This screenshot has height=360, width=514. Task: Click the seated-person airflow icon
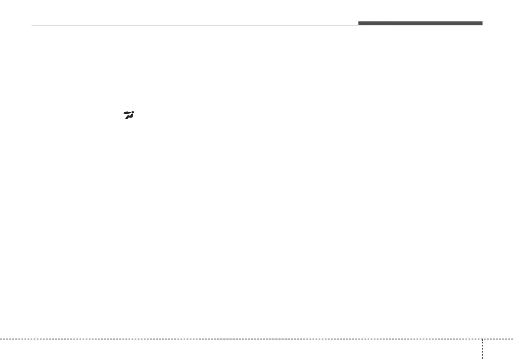(128, 115)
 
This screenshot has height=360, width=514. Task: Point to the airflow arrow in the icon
(128, 113)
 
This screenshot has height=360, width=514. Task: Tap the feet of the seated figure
(125, 118)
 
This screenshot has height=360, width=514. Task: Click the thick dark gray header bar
(420, 23)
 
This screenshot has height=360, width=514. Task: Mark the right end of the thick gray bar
(482, 23)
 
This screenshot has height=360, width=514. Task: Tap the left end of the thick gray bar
(359, 23)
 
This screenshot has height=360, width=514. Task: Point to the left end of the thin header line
(32, 25)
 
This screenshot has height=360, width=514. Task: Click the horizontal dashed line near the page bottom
(240, 339)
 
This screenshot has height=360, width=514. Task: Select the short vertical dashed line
(483, 349)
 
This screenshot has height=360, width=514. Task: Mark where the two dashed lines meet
(483, 339)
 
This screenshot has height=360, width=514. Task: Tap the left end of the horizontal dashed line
(1, 339)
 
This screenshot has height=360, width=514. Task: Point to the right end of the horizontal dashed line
(513, 339)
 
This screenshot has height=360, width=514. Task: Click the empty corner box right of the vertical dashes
(499, 350)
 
